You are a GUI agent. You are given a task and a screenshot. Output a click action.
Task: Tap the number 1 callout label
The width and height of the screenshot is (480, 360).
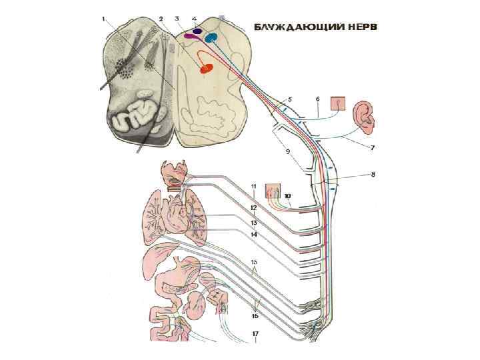click(103, 19)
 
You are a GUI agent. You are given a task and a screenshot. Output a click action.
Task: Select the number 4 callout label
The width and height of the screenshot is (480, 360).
click(194, 19)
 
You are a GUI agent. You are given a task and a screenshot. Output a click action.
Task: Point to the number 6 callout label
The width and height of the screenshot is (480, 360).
click(318, 99)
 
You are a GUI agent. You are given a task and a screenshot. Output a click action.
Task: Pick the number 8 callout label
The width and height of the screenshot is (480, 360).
click(373, 175)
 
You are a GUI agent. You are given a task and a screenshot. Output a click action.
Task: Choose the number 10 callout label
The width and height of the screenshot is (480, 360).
click(287, 196)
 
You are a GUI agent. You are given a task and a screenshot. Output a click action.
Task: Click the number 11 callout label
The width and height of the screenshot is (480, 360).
click(254, 186)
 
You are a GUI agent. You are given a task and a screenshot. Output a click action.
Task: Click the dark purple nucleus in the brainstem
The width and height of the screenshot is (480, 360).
click(198, 31)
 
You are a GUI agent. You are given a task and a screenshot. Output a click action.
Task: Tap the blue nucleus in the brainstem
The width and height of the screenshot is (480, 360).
click(211, 37)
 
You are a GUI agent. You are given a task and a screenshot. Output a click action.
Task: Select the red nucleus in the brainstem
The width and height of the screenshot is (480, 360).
click(207, 67)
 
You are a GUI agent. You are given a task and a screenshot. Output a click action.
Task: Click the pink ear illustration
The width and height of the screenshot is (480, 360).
click(365, 114)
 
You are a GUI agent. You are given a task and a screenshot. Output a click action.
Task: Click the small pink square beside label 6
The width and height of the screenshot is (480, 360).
click(339, 103)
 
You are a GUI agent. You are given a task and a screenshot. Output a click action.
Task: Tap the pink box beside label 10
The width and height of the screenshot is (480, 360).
click(273, 192)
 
